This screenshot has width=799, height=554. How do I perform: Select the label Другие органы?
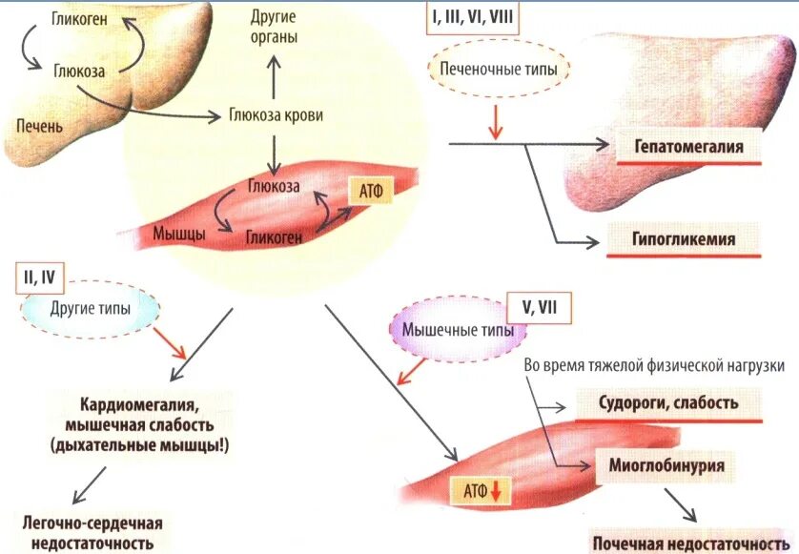click(274, 27)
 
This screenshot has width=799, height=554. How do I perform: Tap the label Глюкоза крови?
click(275, 116)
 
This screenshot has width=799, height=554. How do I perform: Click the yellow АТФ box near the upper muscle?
click(371, 191)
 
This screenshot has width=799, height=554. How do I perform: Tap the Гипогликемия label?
click(684, 239)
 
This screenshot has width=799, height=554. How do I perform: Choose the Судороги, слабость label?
click(667, 403)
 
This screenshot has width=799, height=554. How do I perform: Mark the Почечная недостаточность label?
click(688, 544)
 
